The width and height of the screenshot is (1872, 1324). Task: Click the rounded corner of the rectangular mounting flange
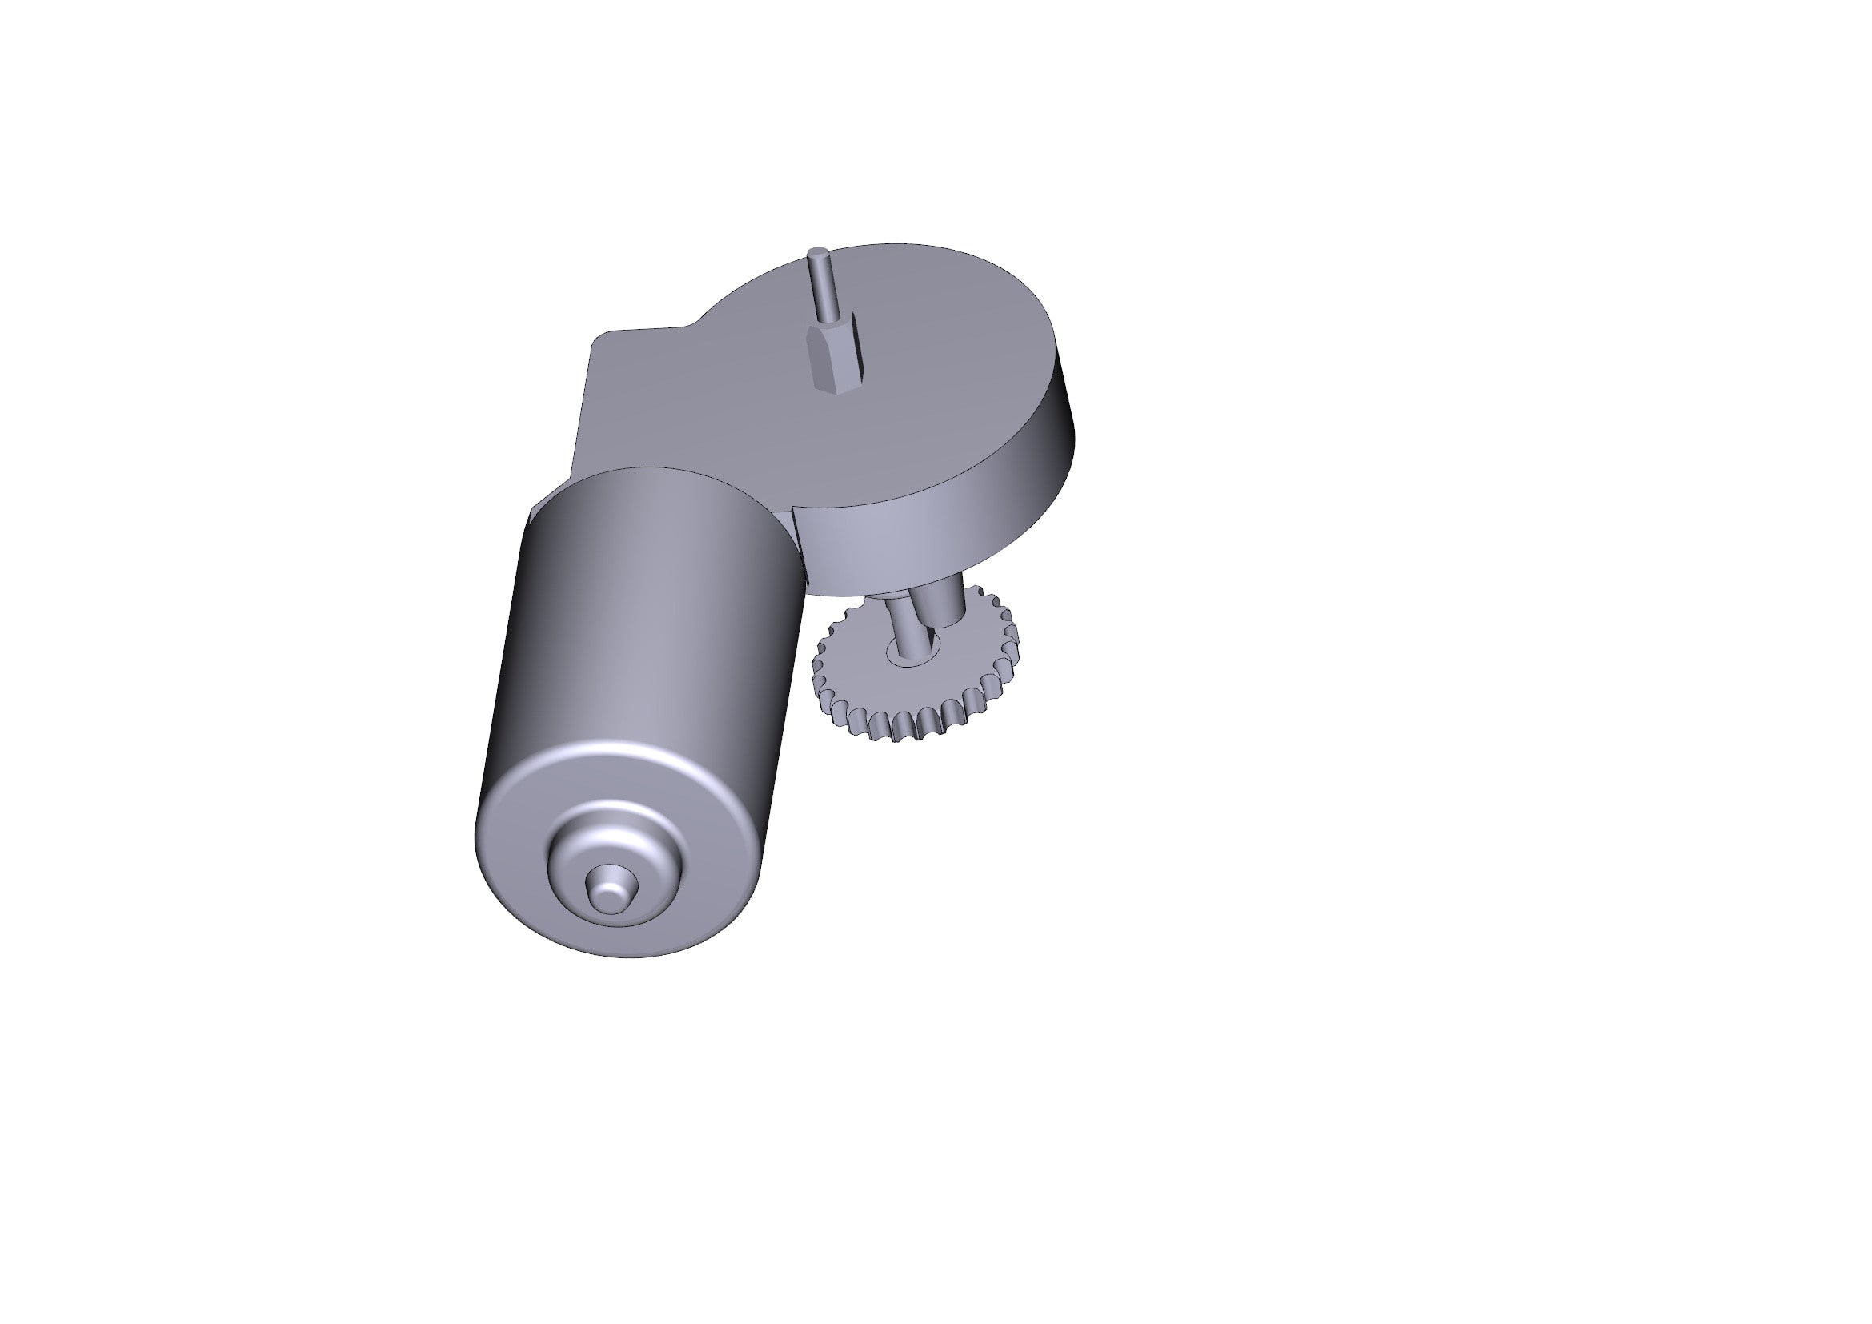click(x=600, y=338)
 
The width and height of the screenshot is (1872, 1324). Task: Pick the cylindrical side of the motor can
click(x=636, y=636)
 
